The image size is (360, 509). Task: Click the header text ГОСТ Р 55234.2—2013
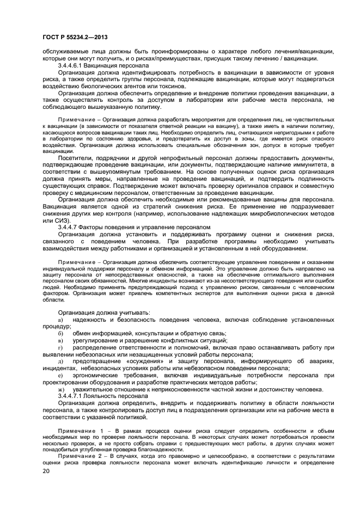click(x=74, y=36)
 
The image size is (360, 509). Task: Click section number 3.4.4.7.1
click(x=74, y=395)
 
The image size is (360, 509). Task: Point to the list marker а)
click(x=60, y=319)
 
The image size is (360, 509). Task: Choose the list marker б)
click(x=60, y=333)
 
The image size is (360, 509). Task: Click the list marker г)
click(x=60, y=347)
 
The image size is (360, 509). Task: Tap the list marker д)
click(x=60, y=361)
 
